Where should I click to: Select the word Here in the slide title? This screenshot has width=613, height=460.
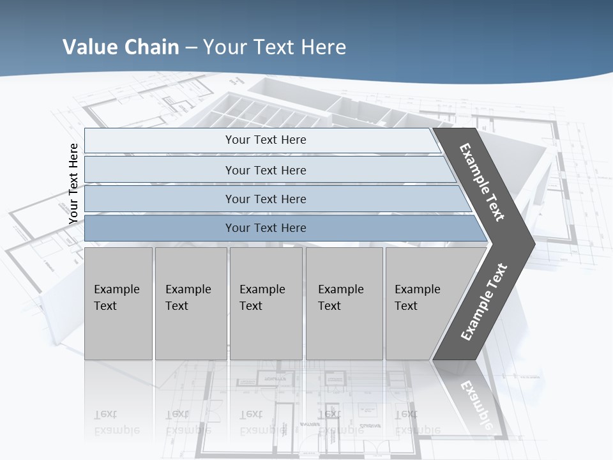pos(323,47)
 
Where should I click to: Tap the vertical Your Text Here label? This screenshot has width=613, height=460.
pos(73,183)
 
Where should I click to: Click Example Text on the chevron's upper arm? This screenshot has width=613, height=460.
pos(482,182)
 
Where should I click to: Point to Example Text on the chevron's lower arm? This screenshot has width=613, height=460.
pos(484,302)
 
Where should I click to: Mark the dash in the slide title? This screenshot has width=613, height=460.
pos(191,48)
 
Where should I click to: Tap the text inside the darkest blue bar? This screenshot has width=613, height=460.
pos(266,228)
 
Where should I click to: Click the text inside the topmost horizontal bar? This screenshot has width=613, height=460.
pos(266,140)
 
